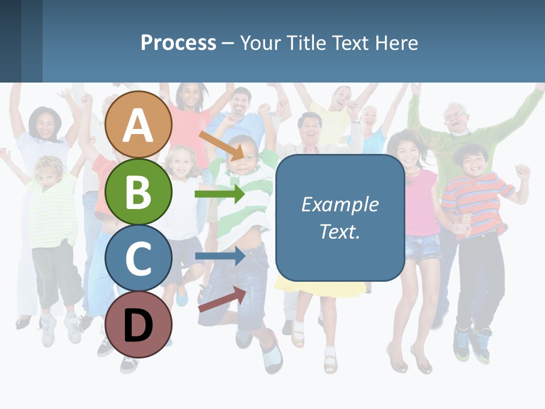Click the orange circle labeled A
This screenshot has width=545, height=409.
(x=139, y=125)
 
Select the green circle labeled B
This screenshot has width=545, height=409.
(x=139, y=192)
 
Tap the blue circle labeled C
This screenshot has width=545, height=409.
(x=139, y=258)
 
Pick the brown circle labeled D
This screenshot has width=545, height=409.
(x=139, y=324)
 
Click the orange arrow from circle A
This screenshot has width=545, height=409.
(x=221, y=145)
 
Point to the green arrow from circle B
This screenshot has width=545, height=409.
(x=219, y=194)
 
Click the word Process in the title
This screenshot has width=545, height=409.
(x=178, y=43)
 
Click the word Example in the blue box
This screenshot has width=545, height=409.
(x=339, y=204)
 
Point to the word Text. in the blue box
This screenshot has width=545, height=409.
(x=339, y=231)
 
